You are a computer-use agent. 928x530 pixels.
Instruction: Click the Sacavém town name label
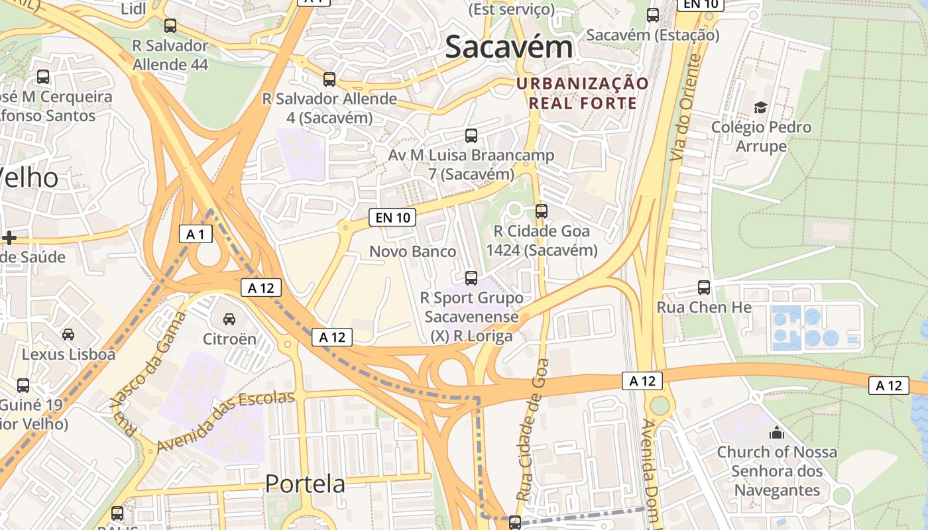click(508, 48)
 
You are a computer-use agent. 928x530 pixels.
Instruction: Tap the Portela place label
click(305, 484)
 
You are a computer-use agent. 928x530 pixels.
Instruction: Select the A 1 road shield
click(196, 234)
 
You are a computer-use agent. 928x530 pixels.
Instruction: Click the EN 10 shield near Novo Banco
click(392, 217)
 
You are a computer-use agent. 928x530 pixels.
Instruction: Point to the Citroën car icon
click(229, 319)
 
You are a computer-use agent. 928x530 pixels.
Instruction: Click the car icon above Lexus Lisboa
click(68, 334)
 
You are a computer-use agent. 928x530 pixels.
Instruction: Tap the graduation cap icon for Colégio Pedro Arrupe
click(760, 107)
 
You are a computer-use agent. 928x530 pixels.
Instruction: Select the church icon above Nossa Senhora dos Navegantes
click(776, 433)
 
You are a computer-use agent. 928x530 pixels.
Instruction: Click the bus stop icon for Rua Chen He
click(704, 288)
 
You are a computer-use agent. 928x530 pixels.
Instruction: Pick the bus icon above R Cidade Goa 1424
click(542, 211)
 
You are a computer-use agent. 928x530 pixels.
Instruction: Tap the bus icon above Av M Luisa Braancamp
click(471, 136)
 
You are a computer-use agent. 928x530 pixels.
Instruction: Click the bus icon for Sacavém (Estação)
click(653, 15)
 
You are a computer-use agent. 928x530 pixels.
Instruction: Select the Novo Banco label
click(412, 252)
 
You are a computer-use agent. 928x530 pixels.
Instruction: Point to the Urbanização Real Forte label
click(583, 93)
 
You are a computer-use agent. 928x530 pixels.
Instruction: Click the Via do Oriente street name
click(685, 107)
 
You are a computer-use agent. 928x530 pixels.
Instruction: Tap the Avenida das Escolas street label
click(225, 421)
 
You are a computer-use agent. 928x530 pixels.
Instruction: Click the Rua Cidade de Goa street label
click(533, 429)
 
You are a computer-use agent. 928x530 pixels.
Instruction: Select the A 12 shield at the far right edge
click(888, 386)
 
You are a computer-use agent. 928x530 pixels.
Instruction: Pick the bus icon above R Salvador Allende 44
click(170, 26)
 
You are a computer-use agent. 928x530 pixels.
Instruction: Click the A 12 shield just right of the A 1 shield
click(261, 288)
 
